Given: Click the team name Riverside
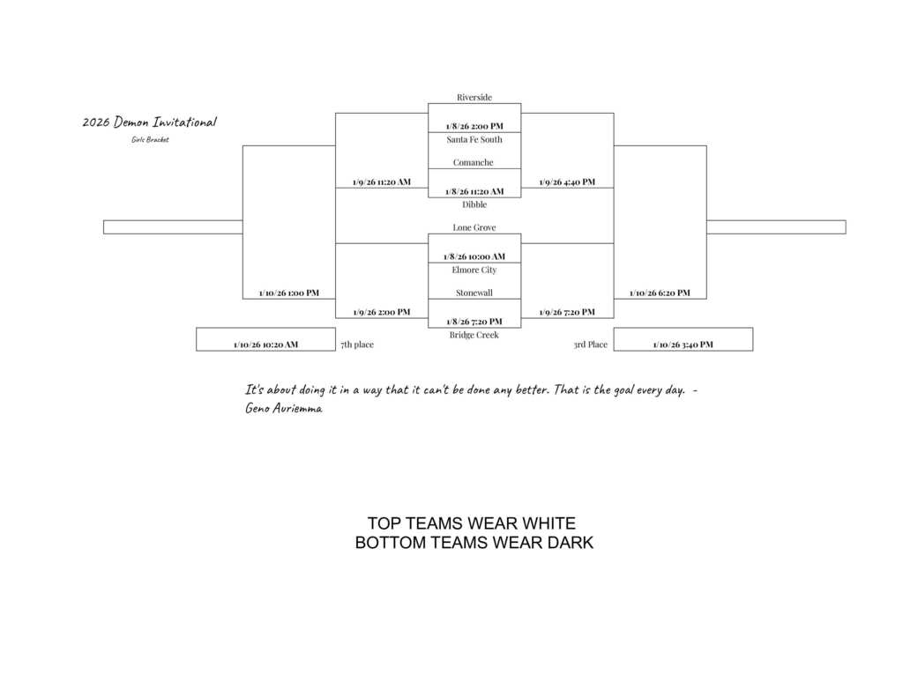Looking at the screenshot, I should click(x=474, y=97).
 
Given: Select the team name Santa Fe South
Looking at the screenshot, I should click(x=474, y=139).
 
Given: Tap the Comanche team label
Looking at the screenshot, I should click(x=474, y=162).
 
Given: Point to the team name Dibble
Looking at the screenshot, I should click(x=474, y=204).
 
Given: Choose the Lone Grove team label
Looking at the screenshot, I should click(x=474, y=227).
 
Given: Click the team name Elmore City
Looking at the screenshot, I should click(x=474, y=270).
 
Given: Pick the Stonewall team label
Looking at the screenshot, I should click(x=474, y=293).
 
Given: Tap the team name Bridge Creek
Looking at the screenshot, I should click(x=474, y=335).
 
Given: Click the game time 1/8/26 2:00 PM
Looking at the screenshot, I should click(x=474, y=126).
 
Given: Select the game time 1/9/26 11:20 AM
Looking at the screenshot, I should click(x=381, y=182).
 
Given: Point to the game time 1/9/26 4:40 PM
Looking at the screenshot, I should click(x=567, y=182).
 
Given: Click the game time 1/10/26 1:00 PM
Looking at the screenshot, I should click(x=289, y=293).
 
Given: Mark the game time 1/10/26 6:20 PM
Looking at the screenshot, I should click(x=660, y=293).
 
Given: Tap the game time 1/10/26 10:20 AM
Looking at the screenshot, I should click(x=265, y=345).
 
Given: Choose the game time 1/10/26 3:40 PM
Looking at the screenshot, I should click(x=683, y=345).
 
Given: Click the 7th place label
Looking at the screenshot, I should click(x=357, y=345).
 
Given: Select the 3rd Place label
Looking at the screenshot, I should click(x=590, y=345).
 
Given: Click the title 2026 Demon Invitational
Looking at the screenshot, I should click(x=149, y=122).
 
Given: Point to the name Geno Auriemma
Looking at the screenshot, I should click(x=283, y=408).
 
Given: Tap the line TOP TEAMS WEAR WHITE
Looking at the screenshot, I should click(x=471, y=523).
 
